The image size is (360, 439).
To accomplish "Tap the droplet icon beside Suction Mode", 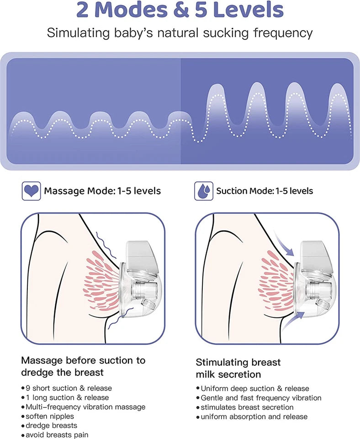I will (204, 191).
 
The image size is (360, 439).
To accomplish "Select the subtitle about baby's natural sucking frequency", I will (180, 33).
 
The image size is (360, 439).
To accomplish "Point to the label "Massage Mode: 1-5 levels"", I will (102, 191).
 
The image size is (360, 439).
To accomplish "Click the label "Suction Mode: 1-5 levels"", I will (265, 191).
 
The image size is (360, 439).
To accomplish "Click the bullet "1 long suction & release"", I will (67, 397).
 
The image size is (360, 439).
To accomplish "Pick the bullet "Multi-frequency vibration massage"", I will (85, 407).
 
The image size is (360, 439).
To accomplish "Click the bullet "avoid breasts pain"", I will (57, 435).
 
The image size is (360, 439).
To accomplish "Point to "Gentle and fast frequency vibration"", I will (261, 398).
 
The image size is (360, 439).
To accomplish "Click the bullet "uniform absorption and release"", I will (254, 417).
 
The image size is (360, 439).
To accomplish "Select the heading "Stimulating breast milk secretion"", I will (238, 368).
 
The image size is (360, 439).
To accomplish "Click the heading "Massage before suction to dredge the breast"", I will (83, 366).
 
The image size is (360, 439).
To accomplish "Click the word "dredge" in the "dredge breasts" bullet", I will (37, 425).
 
